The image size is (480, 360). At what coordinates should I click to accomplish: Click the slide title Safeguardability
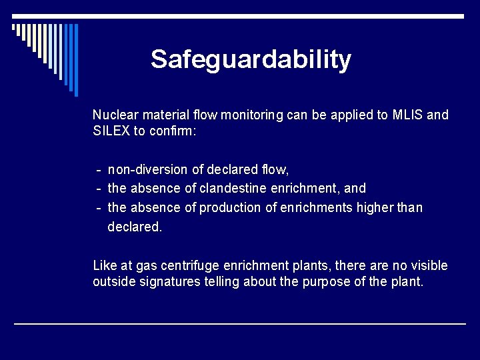pos(251,60)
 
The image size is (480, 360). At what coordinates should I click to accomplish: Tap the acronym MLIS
pos(407,115)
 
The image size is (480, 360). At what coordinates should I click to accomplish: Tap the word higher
pos(376,208)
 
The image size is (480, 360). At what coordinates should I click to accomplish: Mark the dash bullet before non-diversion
pos(99,170)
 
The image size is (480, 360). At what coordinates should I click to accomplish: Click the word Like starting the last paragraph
pos(104,266)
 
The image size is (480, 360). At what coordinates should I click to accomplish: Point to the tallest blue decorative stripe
pos(75,60)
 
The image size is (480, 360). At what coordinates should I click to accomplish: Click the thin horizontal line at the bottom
pos(240,324)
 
